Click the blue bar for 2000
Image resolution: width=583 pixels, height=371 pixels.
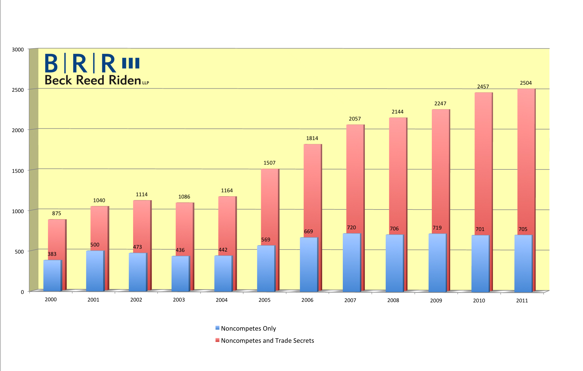tap(53, 276)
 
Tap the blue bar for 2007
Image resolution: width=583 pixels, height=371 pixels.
tap(352, 263)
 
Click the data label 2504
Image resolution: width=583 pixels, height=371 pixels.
tap(526, 83)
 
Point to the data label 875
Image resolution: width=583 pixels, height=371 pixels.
tap(57, 213)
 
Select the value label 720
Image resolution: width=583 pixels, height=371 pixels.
tap(351, 228)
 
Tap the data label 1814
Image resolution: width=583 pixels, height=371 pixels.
tap(312, 138)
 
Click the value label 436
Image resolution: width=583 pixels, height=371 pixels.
tap(180, 250)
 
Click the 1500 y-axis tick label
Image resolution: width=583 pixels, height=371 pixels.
tap(18, 171)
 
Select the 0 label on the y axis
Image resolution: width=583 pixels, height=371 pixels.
tap(22, 292)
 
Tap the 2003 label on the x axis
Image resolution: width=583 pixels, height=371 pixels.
tap(179, 300)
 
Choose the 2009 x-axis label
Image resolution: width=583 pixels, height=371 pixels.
tap(436, 301)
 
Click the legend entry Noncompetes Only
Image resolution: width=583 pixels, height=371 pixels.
tap(246, 328)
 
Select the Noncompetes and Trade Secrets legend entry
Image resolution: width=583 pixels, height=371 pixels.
tap(265, 341)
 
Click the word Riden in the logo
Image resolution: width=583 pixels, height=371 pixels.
tap(125, 80)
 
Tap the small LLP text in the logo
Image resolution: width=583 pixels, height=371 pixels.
tap(146, 83)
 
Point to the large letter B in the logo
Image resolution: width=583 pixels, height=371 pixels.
tap(51, 63)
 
